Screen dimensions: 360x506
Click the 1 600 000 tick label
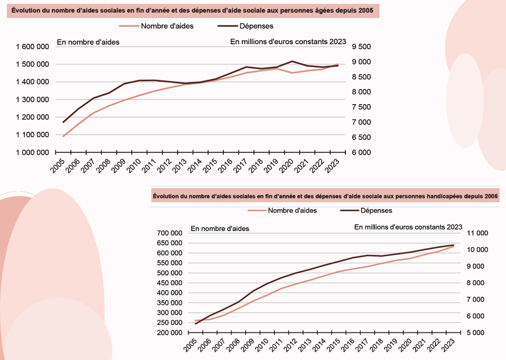[x=32, y=47]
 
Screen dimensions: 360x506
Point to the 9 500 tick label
[x=361, y=47]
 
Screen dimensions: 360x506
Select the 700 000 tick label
[x=169, y=233]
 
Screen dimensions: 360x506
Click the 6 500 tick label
[x=361, y=137]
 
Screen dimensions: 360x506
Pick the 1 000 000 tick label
[x=32, y=152]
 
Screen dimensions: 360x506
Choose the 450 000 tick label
[x=169, y=283]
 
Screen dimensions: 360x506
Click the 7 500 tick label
[x=361, y=107]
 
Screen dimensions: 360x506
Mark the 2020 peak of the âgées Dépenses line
[x=291, y=61]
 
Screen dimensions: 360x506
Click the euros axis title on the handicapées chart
[x=408, y=227]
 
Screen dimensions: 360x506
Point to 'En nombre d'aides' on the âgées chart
[x=88, y=42]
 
